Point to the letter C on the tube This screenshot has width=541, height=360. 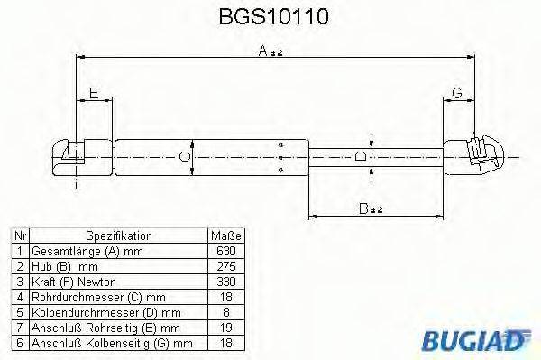point(184,156)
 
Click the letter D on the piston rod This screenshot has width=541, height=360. point(360,156)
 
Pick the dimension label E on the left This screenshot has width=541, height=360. point(94,93)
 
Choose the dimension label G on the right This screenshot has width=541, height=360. point(457,93)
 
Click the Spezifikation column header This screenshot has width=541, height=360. point(118,235)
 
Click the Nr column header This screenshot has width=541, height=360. point(19,235)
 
